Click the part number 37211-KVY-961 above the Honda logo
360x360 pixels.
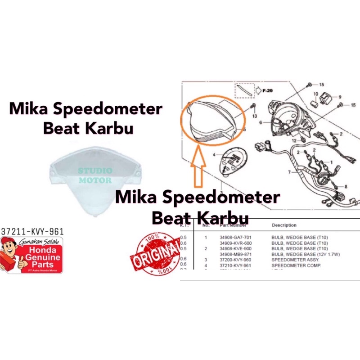click(x=32, y=231)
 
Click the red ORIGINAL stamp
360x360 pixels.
click(x=155, y=255)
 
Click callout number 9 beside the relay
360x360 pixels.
click(x=339, y=97)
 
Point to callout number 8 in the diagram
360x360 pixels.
click(x=346, y=186)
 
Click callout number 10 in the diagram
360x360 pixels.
click(x=316, y=94)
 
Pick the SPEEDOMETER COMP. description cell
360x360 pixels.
click(x=291, y=265)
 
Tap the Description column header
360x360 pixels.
click(x=283, y=225)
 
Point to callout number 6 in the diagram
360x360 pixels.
click(x=260, y=122)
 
